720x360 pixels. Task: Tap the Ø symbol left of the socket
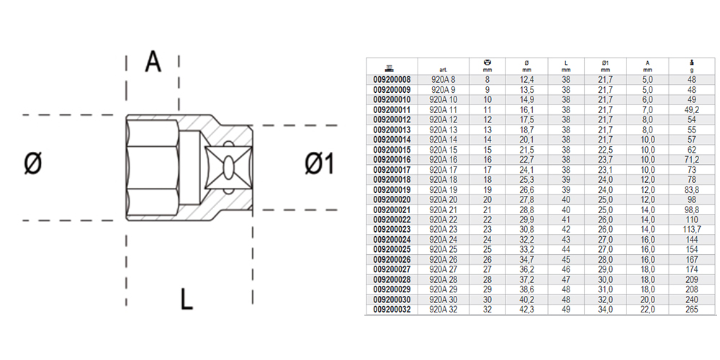tap(33, 165)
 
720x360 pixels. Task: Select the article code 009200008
tap(392, 79)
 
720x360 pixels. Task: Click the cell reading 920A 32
tap(444, 309)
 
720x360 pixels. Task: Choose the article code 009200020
tap(392, 199)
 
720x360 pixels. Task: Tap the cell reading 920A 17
tap(444, 169)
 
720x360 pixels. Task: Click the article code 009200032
tap(392, 309)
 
